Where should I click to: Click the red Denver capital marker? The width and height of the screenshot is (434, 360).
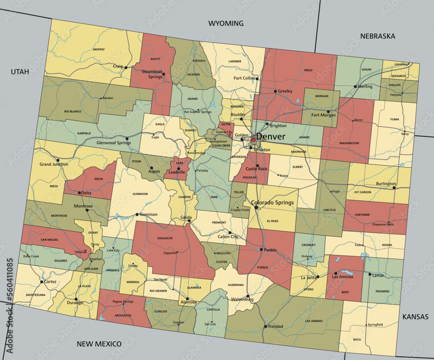(x=253, y=140)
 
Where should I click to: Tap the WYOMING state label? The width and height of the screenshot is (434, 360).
(x=226, y=23)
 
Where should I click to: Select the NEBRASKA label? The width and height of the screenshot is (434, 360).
(x=378, y=36)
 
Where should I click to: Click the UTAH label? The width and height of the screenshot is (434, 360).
(x=20, y=72)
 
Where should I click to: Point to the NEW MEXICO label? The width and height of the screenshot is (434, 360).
(x=99, y=344)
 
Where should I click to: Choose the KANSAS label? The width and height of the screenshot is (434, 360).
(x=415, y=317)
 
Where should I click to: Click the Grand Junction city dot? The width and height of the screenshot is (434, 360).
(x=58, y=160)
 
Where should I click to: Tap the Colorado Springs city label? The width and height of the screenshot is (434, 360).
(x=273, y=202)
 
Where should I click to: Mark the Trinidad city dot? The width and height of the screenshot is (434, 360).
(x=265, y=326)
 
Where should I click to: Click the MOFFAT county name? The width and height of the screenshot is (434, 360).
(x=99, y=50)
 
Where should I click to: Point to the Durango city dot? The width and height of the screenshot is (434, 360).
(x=76, y=299)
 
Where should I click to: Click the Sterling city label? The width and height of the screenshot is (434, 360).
(x=365, y=86)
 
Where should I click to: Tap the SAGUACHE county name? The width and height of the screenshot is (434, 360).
(x=165, y=238)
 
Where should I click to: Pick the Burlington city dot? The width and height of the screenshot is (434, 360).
(x=395, y=184)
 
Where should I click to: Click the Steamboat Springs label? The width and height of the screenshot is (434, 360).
(x=152, y=74)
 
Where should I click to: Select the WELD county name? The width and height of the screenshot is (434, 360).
(x=308, y=69)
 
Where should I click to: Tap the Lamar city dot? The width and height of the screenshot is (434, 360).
(x=370, y=274)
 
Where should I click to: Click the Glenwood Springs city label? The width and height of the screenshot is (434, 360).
(x=113, y=142)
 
